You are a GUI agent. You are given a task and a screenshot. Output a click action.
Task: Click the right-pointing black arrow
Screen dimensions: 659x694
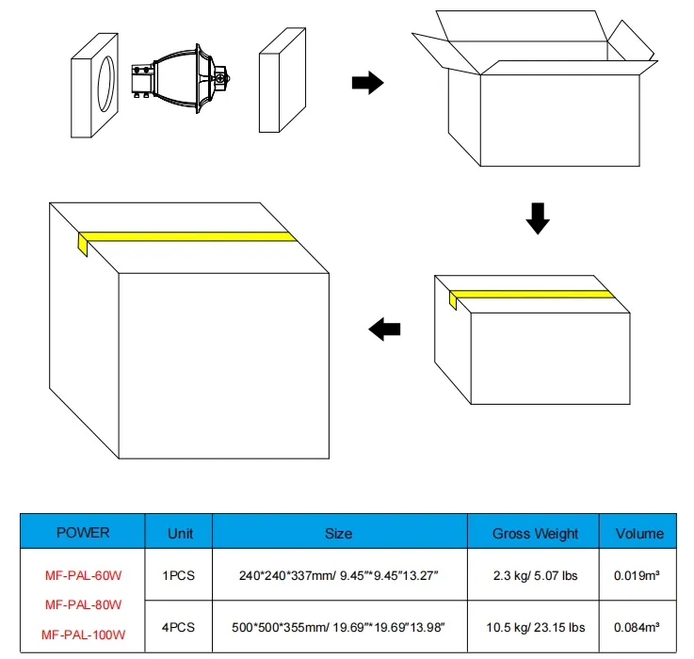[366, 84]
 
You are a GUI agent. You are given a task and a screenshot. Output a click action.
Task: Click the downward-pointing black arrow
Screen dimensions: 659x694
[536, 217]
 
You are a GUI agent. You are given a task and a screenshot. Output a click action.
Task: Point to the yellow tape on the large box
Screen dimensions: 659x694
[184, 235]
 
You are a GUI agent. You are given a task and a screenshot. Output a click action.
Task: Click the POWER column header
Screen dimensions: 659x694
[83, 533]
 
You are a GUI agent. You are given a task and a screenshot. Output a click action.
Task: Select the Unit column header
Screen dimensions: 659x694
[180, 533]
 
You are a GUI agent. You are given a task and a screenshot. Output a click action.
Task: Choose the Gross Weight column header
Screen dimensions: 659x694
[535, 533]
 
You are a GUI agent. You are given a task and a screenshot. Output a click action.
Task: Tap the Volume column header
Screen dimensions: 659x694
[639, 533]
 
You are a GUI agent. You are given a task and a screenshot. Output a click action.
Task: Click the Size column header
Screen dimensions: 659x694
[338, 533]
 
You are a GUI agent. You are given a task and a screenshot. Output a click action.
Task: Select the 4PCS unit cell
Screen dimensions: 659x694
[180, 627]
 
